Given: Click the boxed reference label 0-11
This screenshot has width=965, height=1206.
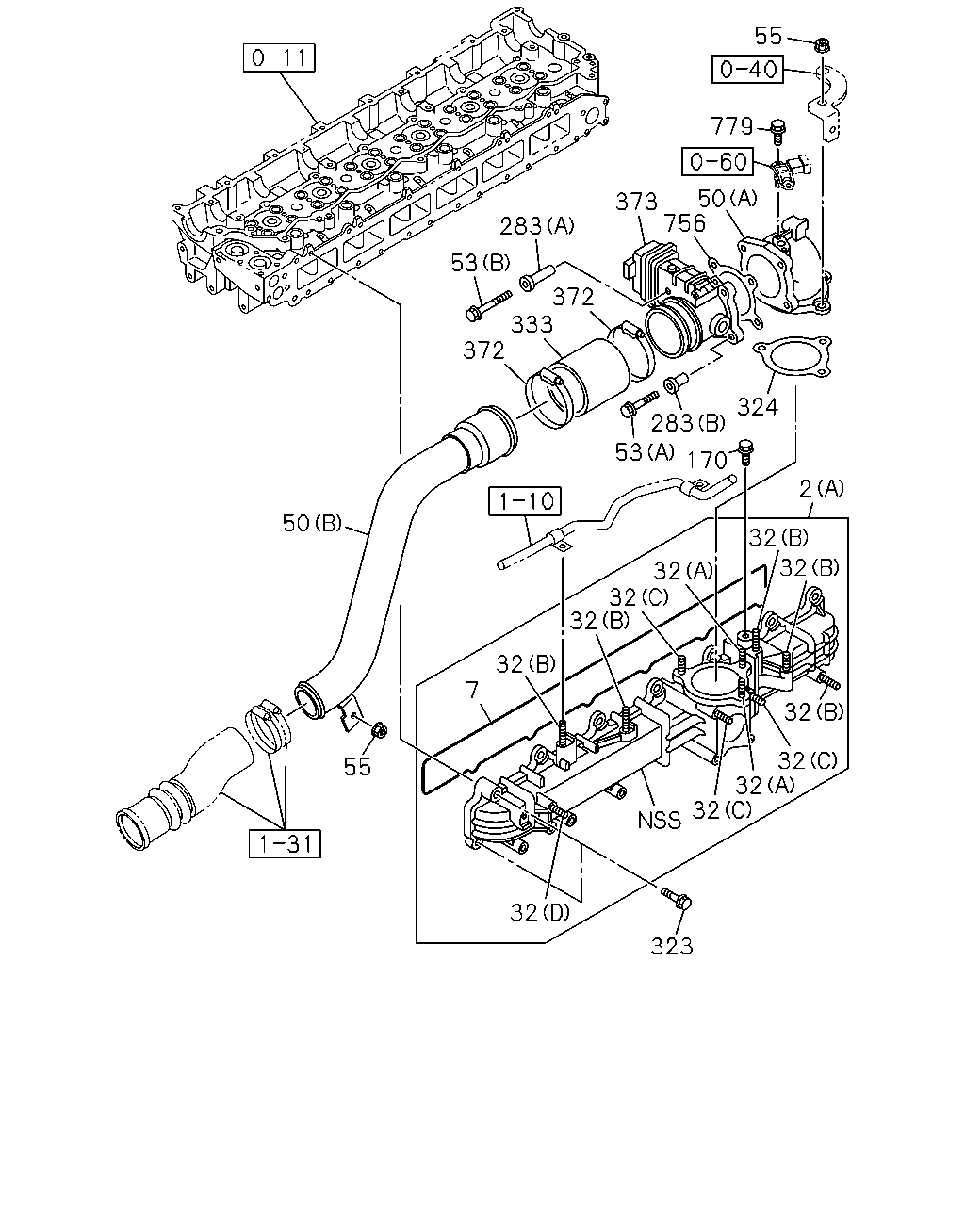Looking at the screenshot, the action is tap(279, 57).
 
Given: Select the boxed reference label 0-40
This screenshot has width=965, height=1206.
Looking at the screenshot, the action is tap(747, 70).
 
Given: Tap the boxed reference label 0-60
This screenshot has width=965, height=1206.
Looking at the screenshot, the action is tap(718, 161).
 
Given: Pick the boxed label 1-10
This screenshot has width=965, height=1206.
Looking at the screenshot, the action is tap(525, 500).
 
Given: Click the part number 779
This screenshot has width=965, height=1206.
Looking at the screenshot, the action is tap(731, 126).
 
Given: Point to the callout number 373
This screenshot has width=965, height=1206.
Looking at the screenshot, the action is tap(636, 202).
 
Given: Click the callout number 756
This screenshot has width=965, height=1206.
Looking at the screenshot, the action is tap(684, 223).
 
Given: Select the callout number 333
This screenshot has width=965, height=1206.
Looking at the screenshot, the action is tap(532, 324).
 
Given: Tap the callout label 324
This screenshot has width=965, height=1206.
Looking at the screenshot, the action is tap(758, 406).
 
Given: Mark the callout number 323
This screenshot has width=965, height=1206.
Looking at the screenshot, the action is tap(672, 947).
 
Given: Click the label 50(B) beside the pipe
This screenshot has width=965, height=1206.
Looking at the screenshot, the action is tap(312, 524).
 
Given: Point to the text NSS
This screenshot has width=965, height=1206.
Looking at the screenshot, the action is tap(660, 821).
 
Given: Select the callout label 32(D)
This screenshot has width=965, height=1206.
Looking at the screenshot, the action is tap(539, 913).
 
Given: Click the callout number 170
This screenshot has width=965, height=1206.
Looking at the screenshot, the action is tap(707, 460).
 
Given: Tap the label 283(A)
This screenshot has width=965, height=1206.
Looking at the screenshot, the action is tap(537, 226).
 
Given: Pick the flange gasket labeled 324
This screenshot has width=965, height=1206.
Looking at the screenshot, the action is tap(792, 357).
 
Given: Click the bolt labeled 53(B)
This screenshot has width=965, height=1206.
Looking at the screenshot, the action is tap(488, 305).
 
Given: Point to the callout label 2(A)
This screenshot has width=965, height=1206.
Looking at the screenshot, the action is tap(821, 489).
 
